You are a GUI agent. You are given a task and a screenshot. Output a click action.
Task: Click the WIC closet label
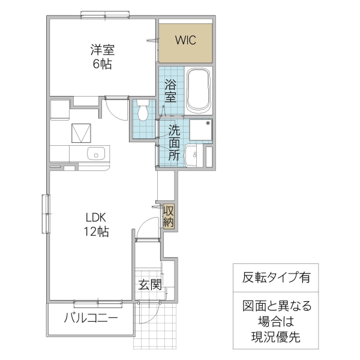point(185,41)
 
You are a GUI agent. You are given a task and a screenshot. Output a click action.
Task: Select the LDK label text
point(95,217)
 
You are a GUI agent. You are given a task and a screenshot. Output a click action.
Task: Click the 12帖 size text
point(95,232)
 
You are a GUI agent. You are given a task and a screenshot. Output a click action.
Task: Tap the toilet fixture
point(143,110)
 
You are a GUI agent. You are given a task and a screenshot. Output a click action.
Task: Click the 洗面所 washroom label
point(173,142)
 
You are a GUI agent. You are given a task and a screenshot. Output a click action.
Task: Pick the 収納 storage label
point(169,216)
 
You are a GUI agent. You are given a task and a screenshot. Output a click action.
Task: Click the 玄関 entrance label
point(150,284)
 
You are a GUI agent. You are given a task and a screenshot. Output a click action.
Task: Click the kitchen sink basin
point(95,154)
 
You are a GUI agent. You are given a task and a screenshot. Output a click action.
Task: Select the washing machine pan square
point(200,130)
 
